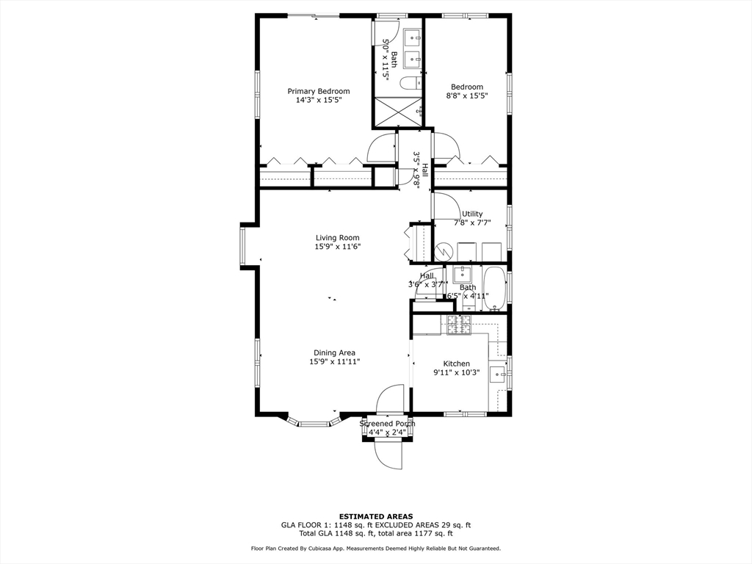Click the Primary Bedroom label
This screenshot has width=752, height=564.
(319, 91)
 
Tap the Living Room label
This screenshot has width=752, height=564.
(337, 237)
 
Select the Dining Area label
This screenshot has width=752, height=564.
(334, 353)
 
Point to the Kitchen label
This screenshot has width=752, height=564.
(456, 364)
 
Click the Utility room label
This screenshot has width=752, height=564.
(472, 214)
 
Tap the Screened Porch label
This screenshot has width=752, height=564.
(388, 424)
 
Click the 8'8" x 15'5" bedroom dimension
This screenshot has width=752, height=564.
(466, 95)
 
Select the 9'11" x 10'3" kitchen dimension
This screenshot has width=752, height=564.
(456, 372)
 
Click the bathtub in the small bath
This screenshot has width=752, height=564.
(494, 289)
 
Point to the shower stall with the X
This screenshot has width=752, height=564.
(398, 112)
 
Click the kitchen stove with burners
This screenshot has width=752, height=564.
(459, 325)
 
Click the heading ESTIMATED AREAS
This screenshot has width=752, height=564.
(376, 516)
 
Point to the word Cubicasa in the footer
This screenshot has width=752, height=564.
(318, 548)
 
